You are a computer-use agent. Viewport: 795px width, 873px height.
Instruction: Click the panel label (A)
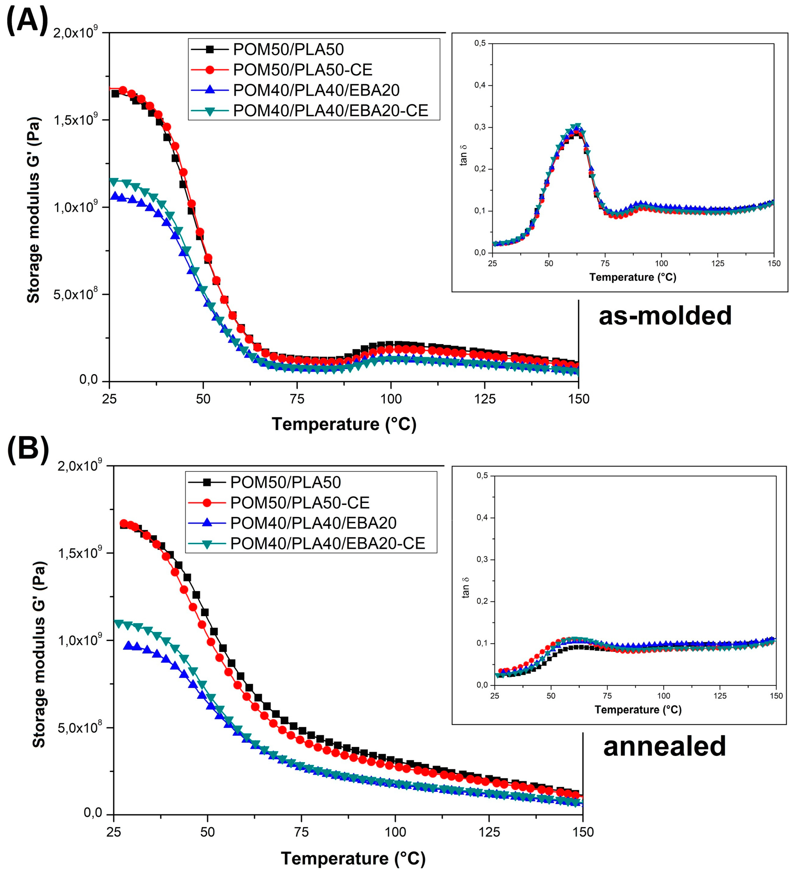(27, 20)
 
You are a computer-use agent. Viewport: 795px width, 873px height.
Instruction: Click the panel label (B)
(28, 450)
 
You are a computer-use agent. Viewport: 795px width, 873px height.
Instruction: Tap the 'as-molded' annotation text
(665, 316)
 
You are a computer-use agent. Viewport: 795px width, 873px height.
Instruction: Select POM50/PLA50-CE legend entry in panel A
(302, 70)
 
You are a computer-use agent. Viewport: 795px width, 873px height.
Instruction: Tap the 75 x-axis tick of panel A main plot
(297, 398)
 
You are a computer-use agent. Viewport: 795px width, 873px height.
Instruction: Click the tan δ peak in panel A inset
(576, 126)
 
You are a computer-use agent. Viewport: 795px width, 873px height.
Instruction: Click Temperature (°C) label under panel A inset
(632, 277)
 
